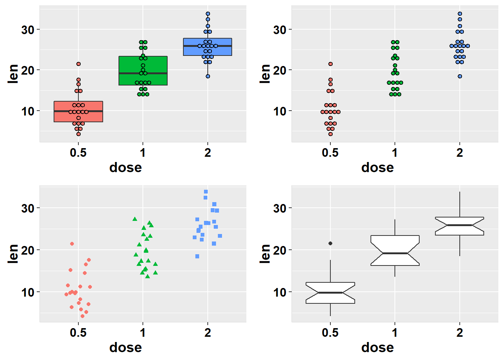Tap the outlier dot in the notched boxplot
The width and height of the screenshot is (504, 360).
click(330, 243)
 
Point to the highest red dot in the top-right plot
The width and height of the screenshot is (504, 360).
click(330, 64)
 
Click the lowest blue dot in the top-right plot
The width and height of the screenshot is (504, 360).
click(460, 76)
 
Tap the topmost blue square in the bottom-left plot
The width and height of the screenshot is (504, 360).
click(205, 192)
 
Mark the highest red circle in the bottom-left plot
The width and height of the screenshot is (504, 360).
click(72, 244)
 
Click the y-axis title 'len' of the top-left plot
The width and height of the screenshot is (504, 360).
click(13, 73)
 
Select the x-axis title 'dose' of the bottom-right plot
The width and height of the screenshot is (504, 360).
click(377, 347)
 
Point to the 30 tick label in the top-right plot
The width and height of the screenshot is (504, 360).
click(280, 30)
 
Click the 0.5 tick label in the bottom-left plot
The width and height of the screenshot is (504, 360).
click(78, 333)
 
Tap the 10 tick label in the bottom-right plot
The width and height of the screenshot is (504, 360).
click(280, 292)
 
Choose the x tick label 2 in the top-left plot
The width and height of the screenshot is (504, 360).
click(208, 153)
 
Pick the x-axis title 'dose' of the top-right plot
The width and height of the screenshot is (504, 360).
click(377, 168)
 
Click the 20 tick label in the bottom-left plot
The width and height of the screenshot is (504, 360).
click(28, 250)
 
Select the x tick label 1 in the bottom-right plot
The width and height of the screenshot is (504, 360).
click(395, 333)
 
